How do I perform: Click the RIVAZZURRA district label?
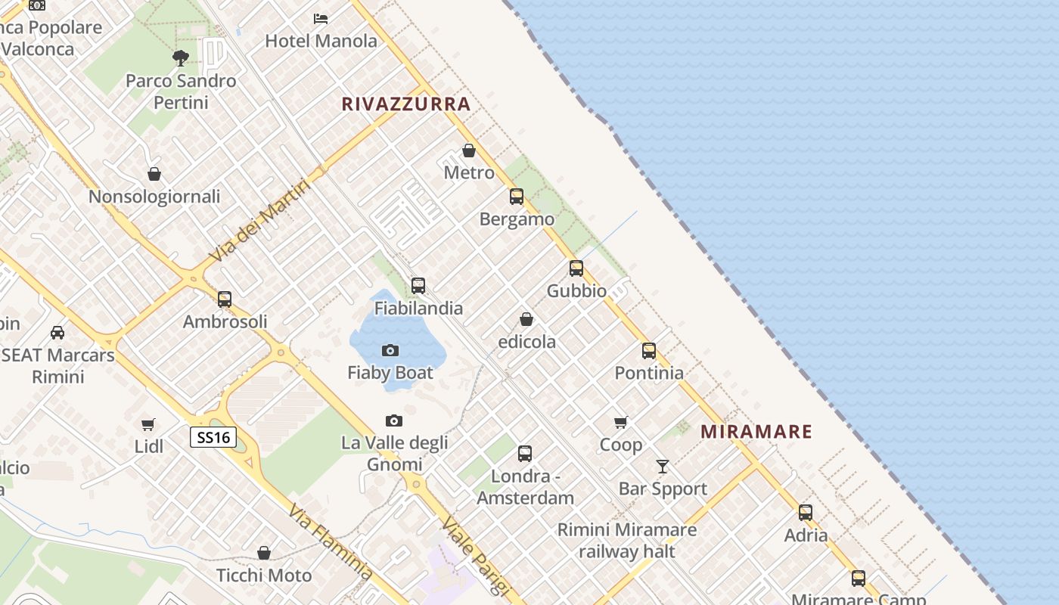click(406, 104)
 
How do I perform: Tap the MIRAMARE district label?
click(756, 432)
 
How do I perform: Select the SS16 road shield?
click(213, 437)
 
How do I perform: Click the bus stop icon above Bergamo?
click(517, 197)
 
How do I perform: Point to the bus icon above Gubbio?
click(576, 268)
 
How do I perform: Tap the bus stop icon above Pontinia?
click(649, 351)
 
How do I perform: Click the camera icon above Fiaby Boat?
click(390, 350)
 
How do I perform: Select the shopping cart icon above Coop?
click(621, 422)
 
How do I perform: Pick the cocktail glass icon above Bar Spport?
click(663, 467)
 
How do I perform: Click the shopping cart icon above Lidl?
click(148, 424)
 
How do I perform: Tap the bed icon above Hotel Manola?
click(321, 18)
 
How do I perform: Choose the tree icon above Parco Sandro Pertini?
click(180, 57)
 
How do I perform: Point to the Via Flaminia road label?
click(331, 542)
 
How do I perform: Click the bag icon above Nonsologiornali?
click(154, 174)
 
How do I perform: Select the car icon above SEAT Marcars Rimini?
click(57, 332)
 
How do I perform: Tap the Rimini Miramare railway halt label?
click(626, 541)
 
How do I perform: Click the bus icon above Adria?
click(806, 513)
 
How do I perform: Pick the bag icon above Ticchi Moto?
click(264, 553)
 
